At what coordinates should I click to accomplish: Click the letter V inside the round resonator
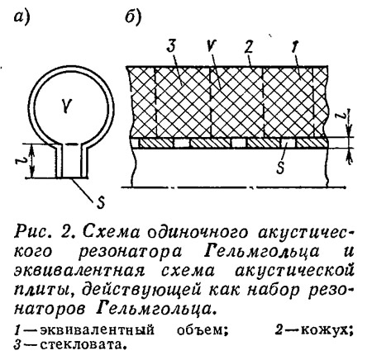[67, 106]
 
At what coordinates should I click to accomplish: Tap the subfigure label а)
[21, 17]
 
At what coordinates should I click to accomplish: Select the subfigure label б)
[133, 17]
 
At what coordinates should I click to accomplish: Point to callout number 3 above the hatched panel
[171, 46]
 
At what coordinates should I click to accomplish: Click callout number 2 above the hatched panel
[248, 46]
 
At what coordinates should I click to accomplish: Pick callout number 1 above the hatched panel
[294, 46]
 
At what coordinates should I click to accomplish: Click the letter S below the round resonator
[101, 202]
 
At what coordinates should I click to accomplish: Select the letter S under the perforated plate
[280, 168]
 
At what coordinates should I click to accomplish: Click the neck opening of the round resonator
[72, 178]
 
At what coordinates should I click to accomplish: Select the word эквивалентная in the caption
[79, 271]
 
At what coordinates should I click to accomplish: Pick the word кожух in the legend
[324, 330]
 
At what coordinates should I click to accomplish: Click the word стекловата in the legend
[79, 345]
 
